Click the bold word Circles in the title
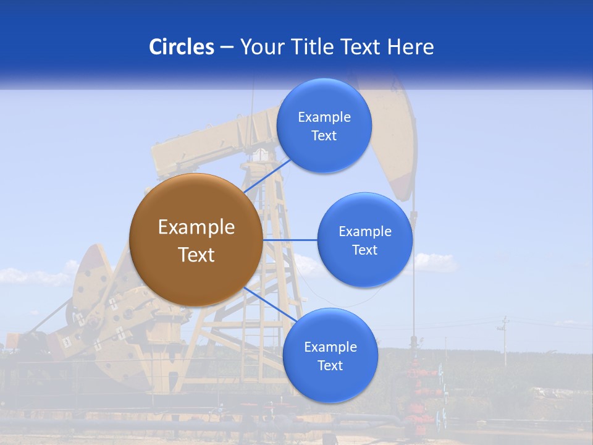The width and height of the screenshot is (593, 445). click(182, 47)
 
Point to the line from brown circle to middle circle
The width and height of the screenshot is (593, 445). click(290, 240)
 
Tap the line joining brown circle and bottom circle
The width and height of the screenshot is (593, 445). click(271, 304)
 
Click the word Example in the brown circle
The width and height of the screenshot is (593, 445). click(196, 227)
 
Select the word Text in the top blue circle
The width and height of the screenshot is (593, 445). click(324, 136)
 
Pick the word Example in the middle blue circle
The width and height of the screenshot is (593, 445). click(365, 231)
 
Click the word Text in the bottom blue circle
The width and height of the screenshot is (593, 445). click(330, 365)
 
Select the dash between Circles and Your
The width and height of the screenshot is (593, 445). click(227, 47)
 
